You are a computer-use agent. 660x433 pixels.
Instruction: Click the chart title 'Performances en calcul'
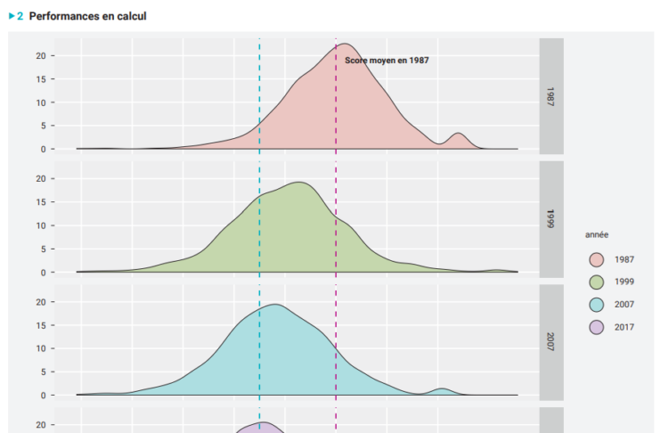click(87, 16)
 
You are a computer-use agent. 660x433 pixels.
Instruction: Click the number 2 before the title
click(20, 16)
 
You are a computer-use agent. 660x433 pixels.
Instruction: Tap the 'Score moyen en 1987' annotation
click(387, 61)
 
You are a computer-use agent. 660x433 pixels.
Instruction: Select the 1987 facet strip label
click(551, 96)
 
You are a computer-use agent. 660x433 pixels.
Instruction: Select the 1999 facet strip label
click(551, 219)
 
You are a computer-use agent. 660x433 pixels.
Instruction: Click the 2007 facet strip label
click(551, 342)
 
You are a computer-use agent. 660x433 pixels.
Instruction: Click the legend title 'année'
click(597, 235)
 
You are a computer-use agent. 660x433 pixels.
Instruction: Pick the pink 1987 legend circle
click(597, 259)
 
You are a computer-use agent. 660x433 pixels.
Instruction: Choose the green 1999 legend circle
click(597, 282)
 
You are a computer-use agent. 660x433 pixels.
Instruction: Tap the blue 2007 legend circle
click(597, 305)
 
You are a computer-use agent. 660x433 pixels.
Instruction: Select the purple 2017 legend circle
click(597, 327)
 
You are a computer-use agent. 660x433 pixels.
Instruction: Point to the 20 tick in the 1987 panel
click(40, 55)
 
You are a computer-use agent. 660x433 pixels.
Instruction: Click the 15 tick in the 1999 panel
click(40, 202)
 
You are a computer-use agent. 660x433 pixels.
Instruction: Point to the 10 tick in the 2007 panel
click(40, 348)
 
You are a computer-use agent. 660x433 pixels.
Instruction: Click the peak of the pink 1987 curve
click(346, 44)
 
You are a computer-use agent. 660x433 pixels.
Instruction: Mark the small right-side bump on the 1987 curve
click(458, 134)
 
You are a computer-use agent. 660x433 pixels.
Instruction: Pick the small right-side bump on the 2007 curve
click(442, 388)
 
